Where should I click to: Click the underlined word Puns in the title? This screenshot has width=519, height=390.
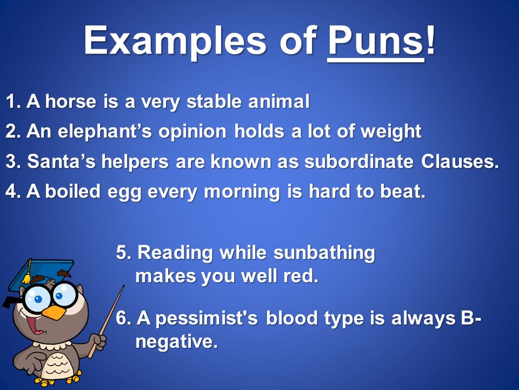[375, 41]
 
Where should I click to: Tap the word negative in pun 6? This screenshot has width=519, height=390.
[176, 342]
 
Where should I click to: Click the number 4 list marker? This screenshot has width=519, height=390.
[11, 192]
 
